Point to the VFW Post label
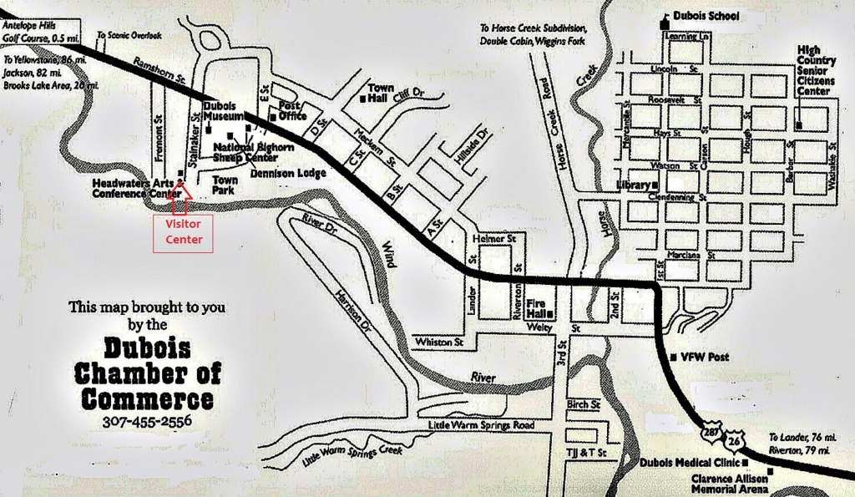[706, 357]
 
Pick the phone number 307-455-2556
[147, 420]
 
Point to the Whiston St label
[438, 342]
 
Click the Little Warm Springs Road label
[480, 425]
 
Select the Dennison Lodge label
[288, 173]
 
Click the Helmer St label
[489, 240]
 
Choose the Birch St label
[584, 404]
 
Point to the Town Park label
[225, 185]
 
